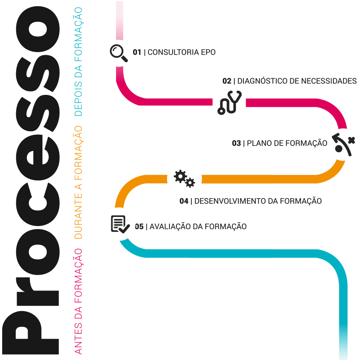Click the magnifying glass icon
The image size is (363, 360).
click(x=119, y=52)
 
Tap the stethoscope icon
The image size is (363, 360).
click(x=229, y=103)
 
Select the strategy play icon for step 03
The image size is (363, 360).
click(x=344, y=144)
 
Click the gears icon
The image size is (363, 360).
click(x=184, y=178)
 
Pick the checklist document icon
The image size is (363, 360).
click(x=120, y=224)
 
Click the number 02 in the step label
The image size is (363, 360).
click(x=227, y=81)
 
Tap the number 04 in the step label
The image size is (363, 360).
click(x=184, y=201)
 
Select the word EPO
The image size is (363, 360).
click(x=208, y=52)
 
